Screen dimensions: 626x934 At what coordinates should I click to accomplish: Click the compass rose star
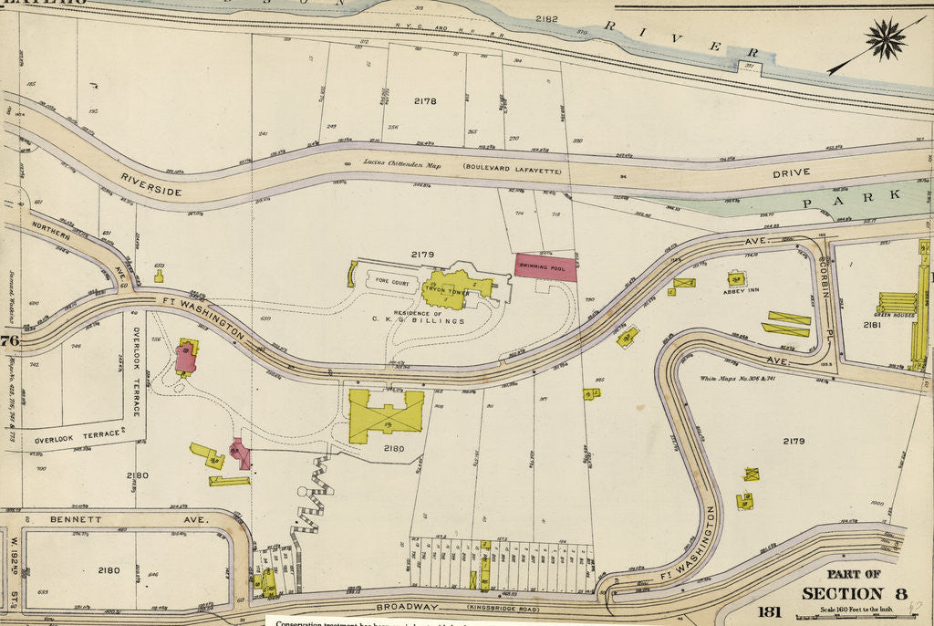(885, 39)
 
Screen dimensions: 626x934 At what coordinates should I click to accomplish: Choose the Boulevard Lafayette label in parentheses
(511, 168)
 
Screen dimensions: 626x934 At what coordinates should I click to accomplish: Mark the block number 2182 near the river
(546, 18)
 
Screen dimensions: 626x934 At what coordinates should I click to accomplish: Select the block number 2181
(872, 324)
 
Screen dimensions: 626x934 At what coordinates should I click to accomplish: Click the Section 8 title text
(853, 593)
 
